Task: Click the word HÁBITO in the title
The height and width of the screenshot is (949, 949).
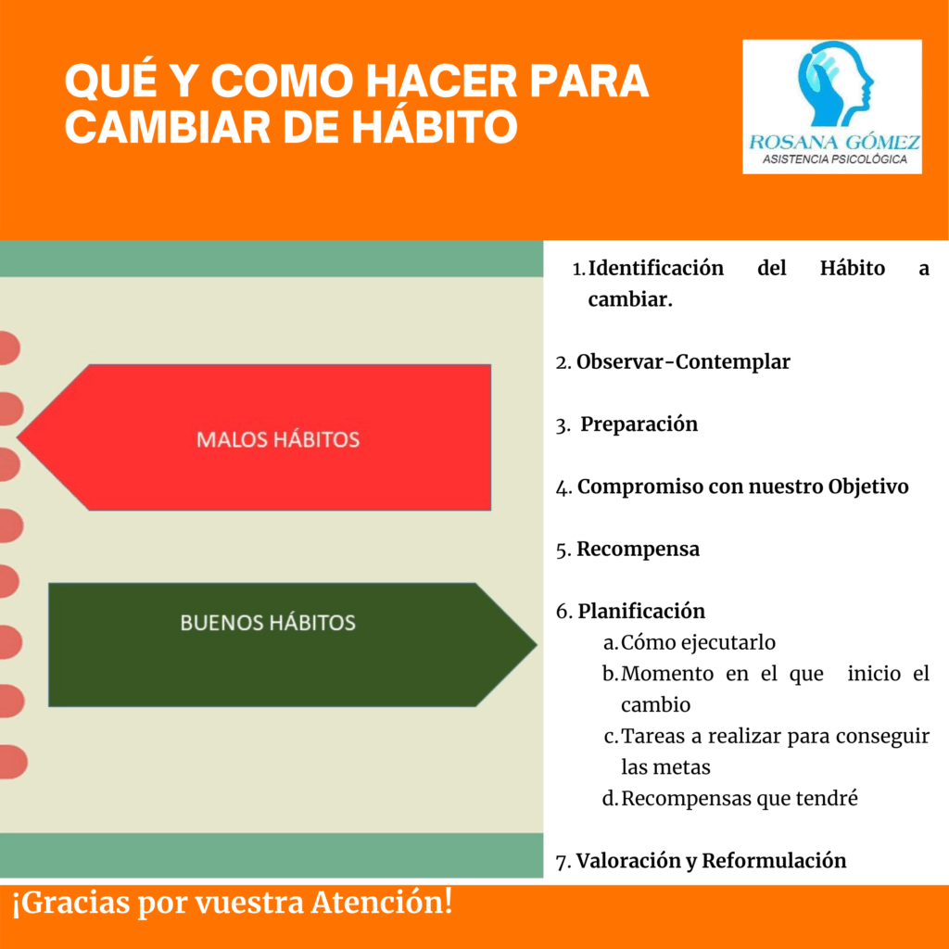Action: tap(435, 126)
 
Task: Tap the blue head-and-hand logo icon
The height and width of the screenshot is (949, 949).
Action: tap(835, 84)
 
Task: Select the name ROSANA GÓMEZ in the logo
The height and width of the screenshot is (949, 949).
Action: tap(834, 142)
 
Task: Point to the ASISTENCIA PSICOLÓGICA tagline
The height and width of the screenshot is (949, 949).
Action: tap(834, 159)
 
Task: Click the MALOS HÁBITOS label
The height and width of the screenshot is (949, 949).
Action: tap(278, 439)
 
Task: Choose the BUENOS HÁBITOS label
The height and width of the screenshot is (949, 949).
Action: tap(268, 623)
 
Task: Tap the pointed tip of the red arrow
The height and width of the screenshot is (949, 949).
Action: tap(19, 437)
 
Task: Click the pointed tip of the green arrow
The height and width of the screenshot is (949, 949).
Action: tap(537, 645)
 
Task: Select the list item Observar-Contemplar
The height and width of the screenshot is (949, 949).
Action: tap(683, 362)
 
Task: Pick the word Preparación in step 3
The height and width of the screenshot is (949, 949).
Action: tap(639, 424)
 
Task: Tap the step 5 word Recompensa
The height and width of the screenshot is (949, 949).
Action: tap(638, 550)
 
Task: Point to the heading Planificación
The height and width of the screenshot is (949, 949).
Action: tap(641, 612)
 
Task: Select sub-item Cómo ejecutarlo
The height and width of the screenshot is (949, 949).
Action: tap(698, 642)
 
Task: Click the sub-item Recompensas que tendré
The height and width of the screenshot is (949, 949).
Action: tap(740, 798)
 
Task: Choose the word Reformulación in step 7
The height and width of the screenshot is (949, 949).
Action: tap(774, 861)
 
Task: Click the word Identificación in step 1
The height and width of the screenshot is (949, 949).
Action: tap(656, 268)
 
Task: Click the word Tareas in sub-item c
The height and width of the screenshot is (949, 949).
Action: tap(652, 736)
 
